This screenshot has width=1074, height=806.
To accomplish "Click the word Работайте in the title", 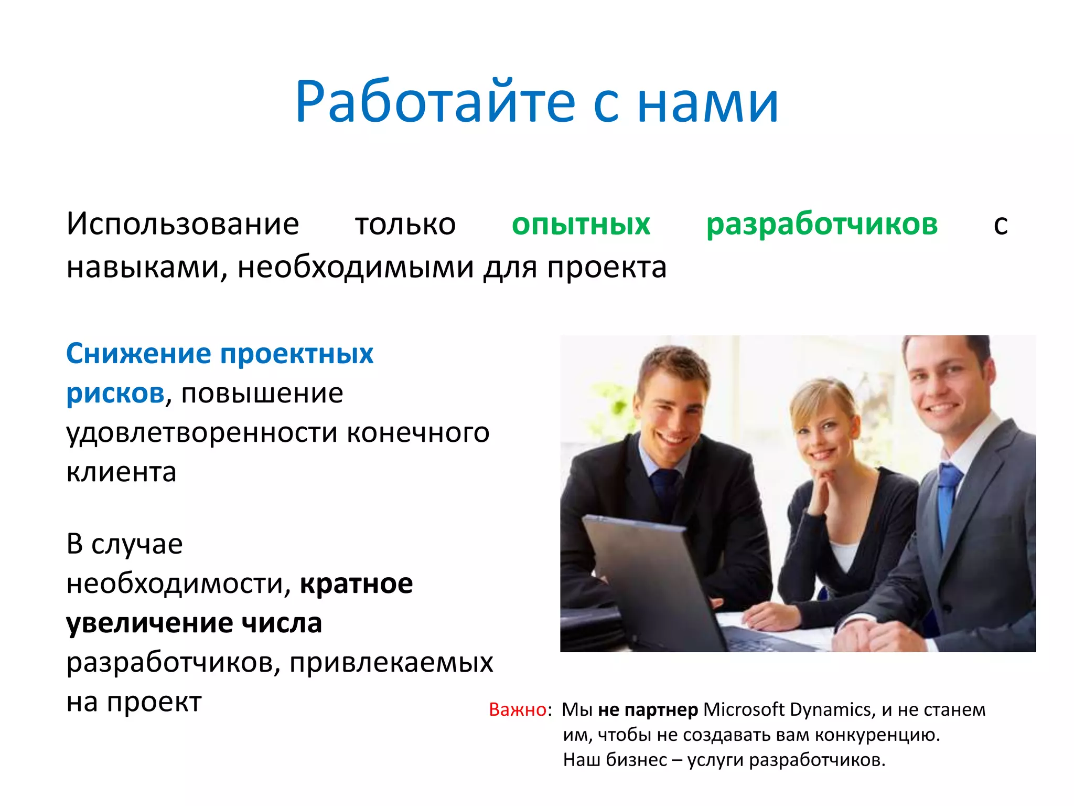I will [x=435, y=102].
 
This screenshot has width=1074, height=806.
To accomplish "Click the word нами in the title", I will [x=707, y=102].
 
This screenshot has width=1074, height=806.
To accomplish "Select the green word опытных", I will [x=581, y=225].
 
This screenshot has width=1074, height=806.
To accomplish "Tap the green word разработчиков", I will [x=822, y=225].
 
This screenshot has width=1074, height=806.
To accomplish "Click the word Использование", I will [x=182, y=225].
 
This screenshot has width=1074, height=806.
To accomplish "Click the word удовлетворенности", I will [x=201, y=433].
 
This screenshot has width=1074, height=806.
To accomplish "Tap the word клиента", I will [x=121, y=472].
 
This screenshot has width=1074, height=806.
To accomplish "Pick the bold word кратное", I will [x=356, y=584].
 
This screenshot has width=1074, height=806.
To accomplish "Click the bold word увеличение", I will [x=149, y=623].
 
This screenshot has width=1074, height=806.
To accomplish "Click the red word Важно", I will [x=517, y=710].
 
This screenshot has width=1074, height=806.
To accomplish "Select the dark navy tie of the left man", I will [x=665, y=488].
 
